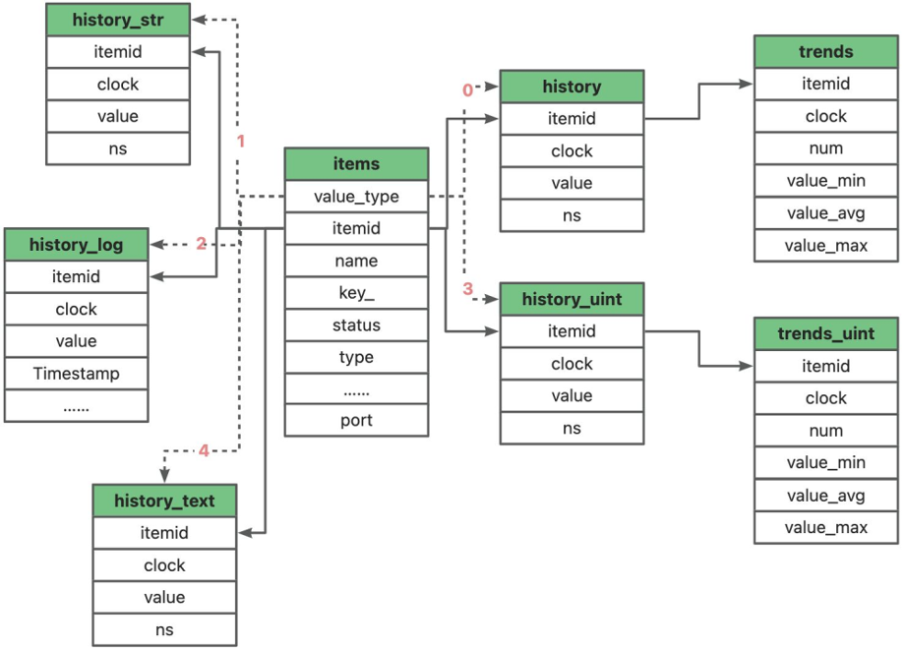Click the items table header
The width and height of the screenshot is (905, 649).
pyautogui.click(x=356, y=164)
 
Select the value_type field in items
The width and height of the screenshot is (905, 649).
pyautogui.click(x=356, y=197)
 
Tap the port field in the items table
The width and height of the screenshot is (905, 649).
pyautogui.click(x=356, y=421)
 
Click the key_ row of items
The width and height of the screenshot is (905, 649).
pyautogui.click(x=356, y=293)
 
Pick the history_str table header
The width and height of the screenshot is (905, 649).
pyautogui.click(x=118, y=21)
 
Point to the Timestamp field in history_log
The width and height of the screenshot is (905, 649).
pyautogui.click(x=76, y=374)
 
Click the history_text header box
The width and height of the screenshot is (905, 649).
pyautogui.click(x=164, y=501)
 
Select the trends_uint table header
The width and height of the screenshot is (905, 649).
pyautogui.click(x=826, y=333)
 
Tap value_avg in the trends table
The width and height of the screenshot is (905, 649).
pyautogui.click(x=826, y=213)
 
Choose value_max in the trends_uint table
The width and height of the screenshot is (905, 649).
pyautogui.click(x=826, y=527)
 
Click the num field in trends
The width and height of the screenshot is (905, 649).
pyautogui.click(x=826, y=148)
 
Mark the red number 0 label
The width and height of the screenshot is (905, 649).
pyautogui.click(x=467, y=90)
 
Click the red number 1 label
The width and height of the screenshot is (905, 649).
pyautogui.click(x=240, y=141)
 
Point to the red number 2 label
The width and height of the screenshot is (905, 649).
pyautogui.click(x=201, y=244)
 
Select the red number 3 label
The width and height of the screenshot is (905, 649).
pyautogui.click(x=468, y=289)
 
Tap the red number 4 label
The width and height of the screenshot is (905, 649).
pyautogui.click(x=204, y=451)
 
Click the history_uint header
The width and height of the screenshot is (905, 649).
pyautogui.click(x=572, y=299)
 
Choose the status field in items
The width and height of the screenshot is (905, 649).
pyautogui.click(x=356, y=325)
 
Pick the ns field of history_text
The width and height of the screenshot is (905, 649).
pyautogui.click(x=164, y=629)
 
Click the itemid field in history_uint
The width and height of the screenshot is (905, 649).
pyautogui.click(x=572, y=331)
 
